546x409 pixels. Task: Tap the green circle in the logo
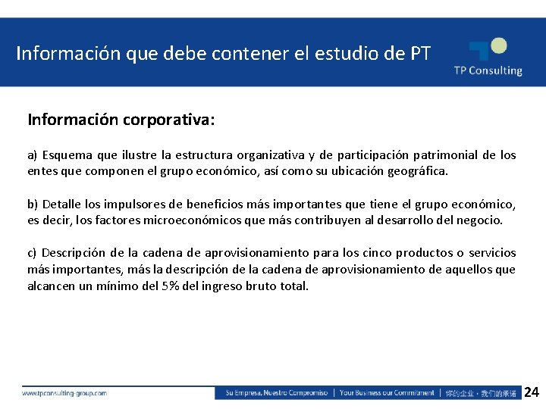pos(497,46)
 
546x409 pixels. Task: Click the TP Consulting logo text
pos(488,70)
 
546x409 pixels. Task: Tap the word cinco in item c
pos(379,253)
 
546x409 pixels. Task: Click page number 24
pos(532,392)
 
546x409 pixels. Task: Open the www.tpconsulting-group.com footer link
pos(64,393)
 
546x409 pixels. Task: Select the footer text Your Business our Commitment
pos(387,393)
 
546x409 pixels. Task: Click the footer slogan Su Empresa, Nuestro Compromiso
pos(276,393)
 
